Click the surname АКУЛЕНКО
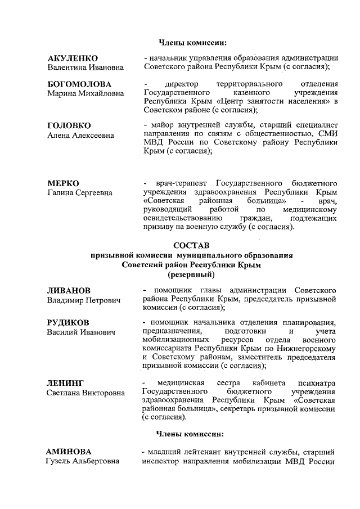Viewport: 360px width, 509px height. tap(73, 58)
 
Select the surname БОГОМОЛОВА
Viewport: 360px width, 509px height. tap(79, 84)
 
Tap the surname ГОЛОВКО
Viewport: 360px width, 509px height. tap(69, 125)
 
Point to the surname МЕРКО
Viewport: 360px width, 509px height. tap(63, 183)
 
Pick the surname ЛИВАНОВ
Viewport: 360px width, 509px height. tap(69, 290)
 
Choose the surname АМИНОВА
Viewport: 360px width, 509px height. tap(69, 452)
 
